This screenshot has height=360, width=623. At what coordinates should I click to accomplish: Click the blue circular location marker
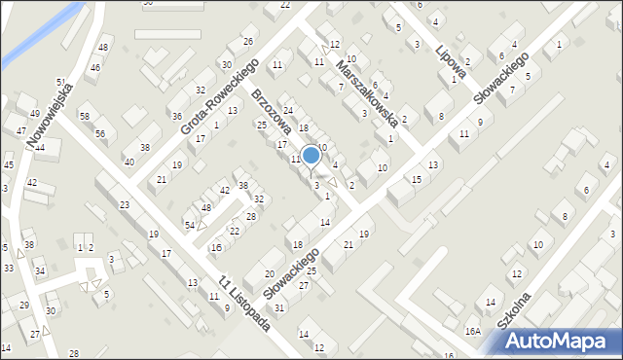pyautogui.click(x=311, y=155)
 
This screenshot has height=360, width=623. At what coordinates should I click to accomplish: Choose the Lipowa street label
pyautogui.click(x=452, y=59)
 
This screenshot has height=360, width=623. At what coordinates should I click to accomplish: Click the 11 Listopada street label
pyautogui.click(x=245, y=303)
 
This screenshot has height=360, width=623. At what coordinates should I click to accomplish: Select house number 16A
pyautogui.click(x=472, y=332)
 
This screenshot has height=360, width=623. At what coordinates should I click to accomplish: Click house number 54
pyautogui.click(x=191, y=225)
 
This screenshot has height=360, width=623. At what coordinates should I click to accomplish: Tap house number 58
pyautogui.click(x=85, y=117)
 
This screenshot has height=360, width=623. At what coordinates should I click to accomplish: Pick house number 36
pyautogui.click(x=177, y=116)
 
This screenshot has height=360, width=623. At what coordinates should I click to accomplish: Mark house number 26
pyautogui.click(x=248, y=41)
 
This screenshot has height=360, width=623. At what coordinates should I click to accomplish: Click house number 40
pyautogui.click(x=129, y=162)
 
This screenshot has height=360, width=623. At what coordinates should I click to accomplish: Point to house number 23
pyautogui.click(x=125, y=204)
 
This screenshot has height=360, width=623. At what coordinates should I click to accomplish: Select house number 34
pyautogui.click(x=40, y=270)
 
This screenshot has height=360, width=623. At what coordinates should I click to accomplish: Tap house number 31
pyautogui.click(x=280, y=307)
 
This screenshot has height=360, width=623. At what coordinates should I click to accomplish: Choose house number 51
pyautogui.click(x=60, y=83)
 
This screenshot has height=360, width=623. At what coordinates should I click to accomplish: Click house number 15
pyautogui.click(x=417, y=179)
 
